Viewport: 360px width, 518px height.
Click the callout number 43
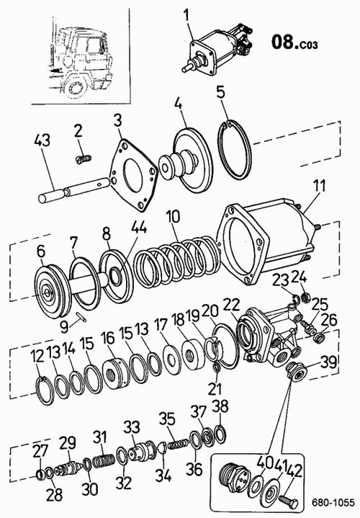point(42,140)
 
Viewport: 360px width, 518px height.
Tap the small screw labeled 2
point(83,159)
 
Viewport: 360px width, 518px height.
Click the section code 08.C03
point(294,43)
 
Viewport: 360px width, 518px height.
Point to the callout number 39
point(328,362)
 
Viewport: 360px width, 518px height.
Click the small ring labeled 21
point(217,367)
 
